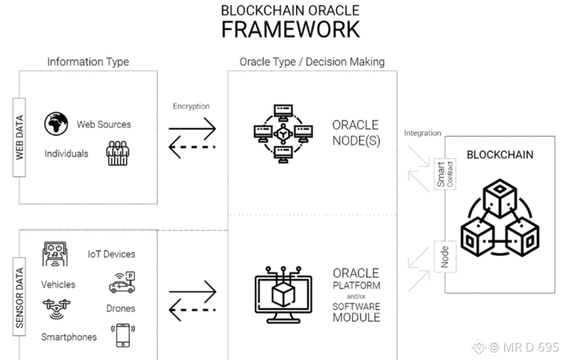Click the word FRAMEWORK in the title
pos(290,29)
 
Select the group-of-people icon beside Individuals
pos(117,153)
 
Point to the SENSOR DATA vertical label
pos(20,298)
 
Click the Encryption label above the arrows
pos(191,106)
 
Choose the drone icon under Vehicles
pos(56,308)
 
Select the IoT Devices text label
pos(111,254)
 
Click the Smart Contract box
pos(445,175)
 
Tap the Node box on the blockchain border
pos(445,257)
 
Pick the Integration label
pos(422,133)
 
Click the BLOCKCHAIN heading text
pos(500,155)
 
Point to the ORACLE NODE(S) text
pos(356,133)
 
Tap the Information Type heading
pos(88,62)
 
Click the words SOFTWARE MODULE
pos(357,312)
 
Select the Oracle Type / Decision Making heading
pos(312,62)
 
